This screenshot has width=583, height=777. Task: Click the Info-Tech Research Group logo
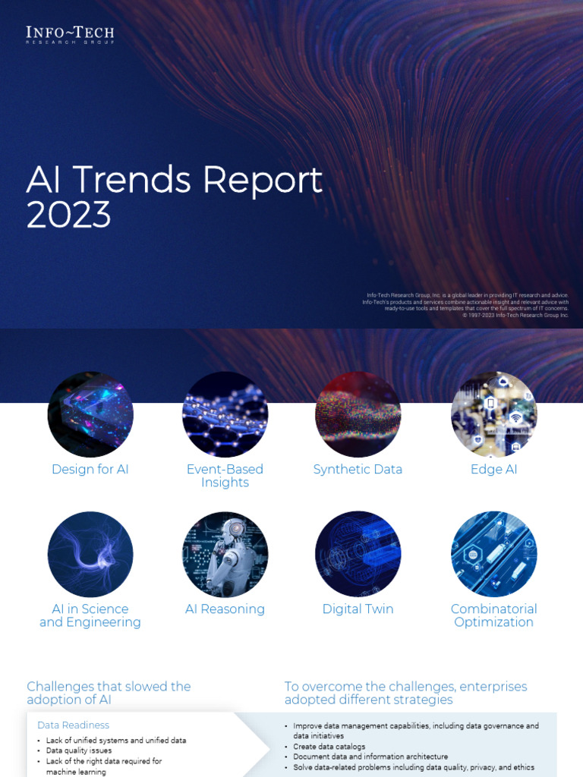(x=70, y=35)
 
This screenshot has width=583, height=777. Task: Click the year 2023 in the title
(x=68, y=215)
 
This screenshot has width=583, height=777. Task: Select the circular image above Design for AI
(x=90, y=414)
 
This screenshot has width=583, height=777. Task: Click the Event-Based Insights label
(x=225, y=476)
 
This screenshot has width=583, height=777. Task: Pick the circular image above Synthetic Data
(x=358, y=414)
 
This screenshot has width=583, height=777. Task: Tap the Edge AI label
(x=493, y=469)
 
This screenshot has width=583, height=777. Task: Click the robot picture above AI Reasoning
(x=225, y=554)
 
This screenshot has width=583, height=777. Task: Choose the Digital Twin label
(x=358, y=609)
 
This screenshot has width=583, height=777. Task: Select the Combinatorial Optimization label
(x=493, y=615)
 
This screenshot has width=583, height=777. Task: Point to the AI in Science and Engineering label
(x=90, y=615)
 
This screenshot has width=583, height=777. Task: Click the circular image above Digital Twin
(x=358, y=554)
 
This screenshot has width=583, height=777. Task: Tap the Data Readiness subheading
(x=73, y=725)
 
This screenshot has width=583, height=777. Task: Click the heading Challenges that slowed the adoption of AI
(x=109, y=693)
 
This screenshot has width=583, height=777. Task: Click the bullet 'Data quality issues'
(x=79, y=750)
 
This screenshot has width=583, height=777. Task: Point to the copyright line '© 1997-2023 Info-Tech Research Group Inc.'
(x=515, y=315)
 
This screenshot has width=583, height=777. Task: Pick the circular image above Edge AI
(x=493, y=414)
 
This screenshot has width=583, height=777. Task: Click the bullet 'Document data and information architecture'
(x=370, y=757)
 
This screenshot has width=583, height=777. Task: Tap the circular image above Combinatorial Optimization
(x=493, y=554)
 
